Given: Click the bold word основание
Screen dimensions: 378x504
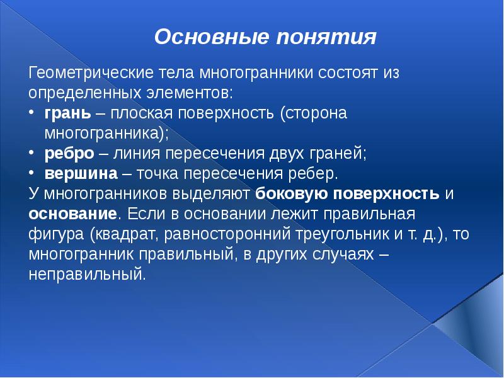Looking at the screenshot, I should (x=72, y=214).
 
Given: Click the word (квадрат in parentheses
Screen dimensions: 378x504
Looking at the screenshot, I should (x=118, y=235).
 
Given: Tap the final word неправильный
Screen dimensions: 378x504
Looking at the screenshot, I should (x=87, y=275).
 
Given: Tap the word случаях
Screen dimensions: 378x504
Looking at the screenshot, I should (x=336, y=255).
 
